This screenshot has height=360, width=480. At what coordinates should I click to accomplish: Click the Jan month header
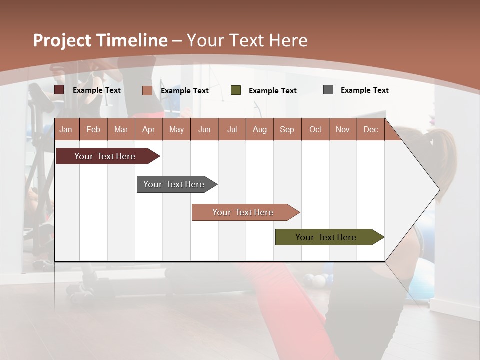[x=66, y=129]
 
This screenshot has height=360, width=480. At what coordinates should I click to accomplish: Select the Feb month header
[x=93, y=129]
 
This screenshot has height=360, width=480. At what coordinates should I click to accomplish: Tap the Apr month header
[x=148, y=129]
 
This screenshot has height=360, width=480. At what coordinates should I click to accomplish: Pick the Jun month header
[x=204, y=129]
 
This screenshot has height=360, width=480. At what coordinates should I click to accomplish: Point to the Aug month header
[x=259, y=129]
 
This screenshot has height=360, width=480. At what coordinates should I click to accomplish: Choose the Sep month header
[x=287, y=129]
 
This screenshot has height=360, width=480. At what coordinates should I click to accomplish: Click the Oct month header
[x=315, y=129]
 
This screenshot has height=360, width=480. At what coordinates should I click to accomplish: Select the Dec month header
[x=370, y=129]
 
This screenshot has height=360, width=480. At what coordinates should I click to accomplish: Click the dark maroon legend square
[x=59, y=90]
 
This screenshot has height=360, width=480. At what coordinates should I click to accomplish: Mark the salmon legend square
[x=147, y=90]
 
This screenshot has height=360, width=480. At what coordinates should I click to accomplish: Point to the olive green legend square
[x=236, y=90]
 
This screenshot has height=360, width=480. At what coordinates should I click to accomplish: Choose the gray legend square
[x=328, y=90]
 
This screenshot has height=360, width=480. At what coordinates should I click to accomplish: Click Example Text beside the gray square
[x=364, y=90]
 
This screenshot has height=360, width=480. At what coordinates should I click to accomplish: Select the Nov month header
[x=343, y=129]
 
